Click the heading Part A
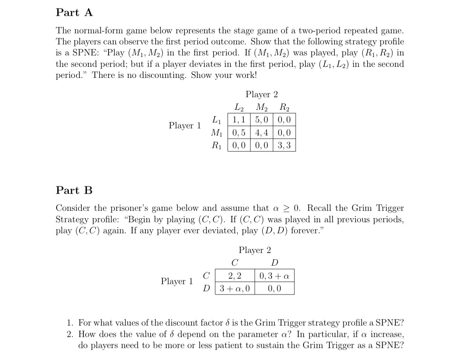pos(74,13)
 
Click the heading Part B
pos(74,190)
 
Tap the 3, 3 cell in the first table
pos(284,145)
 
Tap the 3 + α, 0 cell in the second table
pos(235,288)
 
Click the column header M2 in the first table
pos(261,107)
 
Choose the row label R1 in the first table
pos(216,145)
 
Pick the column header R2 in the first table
pos(283,107)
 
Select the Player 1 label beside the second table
pos(177,281)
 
